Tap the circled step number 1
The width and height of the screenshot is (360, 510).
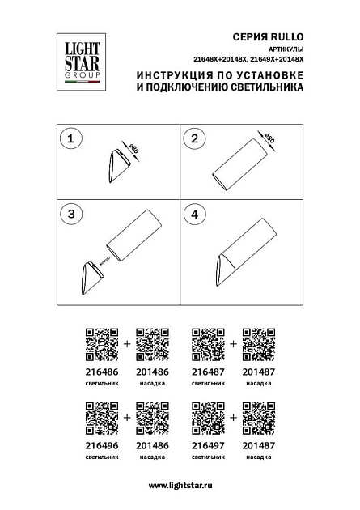tap(70, 139)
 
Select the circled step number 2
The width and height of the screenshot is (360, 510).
tap(195, 139)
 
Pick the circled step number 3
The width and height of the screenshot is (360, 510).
tap(70, 215)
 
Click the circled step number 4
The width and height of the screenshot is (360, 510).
tap(195, 215)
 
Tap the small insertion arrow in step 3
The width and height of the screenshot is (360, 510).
tap(104, 259)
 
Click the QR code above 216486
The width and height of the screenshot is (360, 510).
tap(102, 343)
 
